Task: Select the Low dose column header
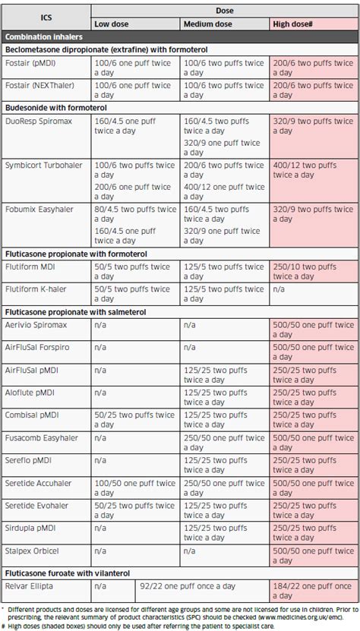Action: point(111,24)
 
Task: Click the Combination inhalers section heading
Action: point(44,36)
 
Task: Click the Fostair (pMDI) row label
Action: point(33,63)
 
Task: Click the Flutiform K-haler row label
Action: point(39,289)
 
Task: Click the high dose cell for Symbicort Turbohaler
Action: point(313,169)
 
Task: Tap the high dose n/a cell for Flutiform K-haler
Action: point(313,289)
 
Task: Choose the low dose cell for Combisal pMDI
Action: point(134,420)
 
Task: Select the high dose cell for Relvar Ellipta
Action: point(313,590)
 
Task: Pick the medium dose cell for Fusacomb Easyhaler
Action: point(224,443)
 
